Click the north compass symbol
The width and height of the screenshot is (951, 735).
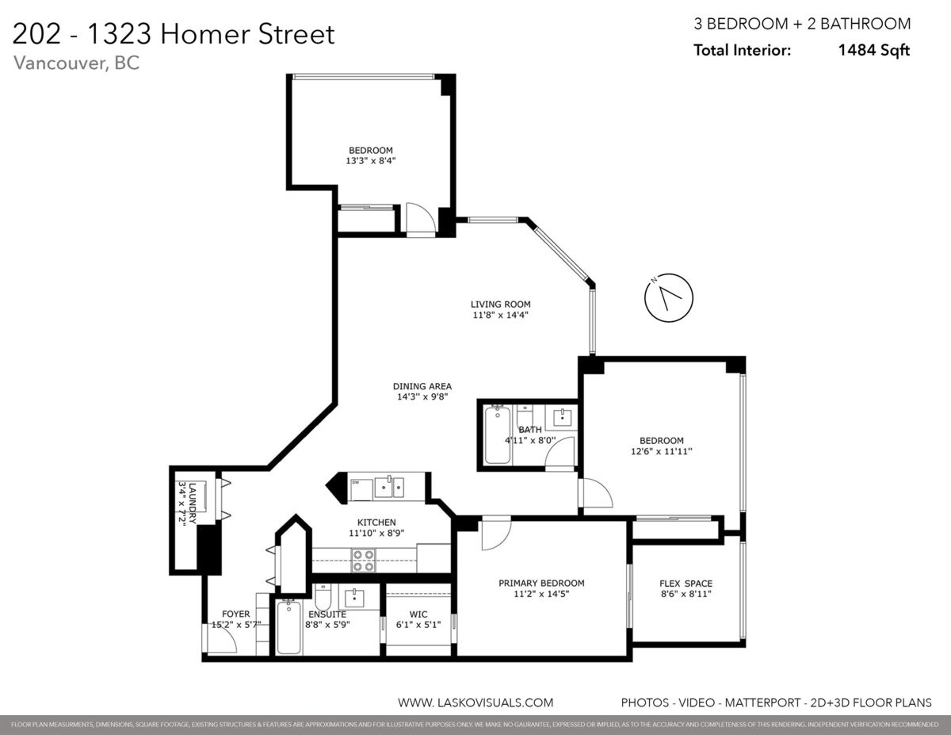pos(669,298)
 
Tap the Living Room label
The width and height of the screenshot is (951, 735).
pos(500,304)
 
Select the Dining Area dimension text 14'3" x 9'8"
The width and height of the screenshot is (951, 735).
pos(422,396)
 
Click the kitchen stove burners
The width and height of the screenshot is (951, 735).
pos(363,561)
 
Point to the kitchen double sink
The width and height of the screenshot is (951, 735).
pos(388,486)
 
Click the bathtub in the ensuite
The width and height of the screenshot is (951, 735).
pos(289,627)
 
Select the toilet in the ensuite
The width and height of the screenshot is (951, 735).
pos(323,596)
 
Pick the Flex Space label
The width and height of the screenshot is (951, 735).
pos(686,584)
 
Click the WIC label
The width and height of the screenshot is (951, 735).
pos(418,614)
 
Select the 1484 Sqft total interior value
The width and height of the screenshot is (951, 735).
pos(874,50)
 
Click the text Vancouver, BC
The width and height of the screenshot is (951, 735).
pos(77,63)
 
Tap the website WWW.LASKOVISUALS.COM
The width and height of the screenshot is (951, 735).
pos(475,702)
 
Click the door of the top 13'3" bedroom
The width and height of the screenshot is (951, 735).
pos(420,218)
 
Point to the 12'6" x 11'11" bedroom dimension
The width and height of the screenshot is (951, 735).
pos(662,451)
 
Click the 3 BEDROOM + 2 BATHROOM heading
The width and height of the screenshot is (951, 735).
pos(802,24)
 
